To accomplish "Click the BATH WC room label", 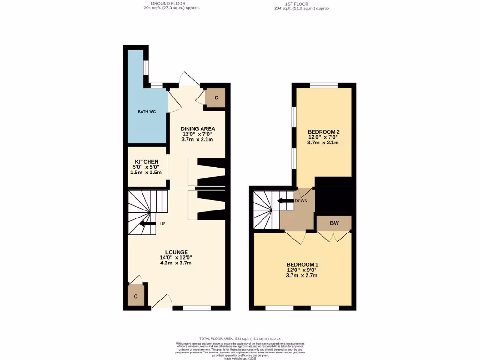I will [146, 112].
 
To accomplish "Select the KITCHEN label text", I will [147, 161].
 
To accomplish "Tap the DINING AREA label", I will [198, 128].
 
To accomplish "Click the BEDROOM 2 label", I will [323, 131].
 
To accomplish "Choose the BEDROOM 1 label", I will [302, 264].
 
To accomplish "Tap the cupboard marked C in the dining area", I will [217, 98].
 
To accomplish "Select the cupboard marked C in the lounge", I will [136, 296].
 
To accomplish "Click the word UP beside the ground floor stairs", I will [163, 224].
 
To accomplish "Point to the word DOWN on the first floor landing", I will [301, 201].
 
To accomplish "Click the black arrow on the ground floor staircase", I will [148, 224].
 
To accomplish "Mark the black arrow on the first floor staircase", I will [285, 201].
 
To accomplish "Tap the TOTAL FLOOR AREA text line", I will [240, 338].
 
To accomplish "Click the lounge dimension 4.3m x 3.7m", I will [176, 263].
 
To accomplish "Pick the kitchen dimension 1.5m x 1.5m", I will [147, 172].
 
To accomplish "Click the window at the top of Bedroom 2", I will [324, 85].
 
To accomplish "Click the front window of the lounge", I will [197, 308].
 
